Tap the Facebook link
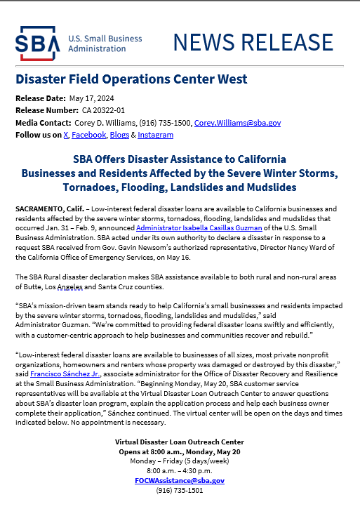click(88, 135)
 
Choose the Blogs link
click(119, 135)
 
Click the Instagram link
click(155, 135)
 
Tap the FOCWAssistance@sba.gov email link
click(180, 480)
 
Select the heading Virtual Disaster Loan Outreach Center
click(180, 442)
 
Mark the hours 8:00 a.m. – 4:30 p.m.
click(180, 470)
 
